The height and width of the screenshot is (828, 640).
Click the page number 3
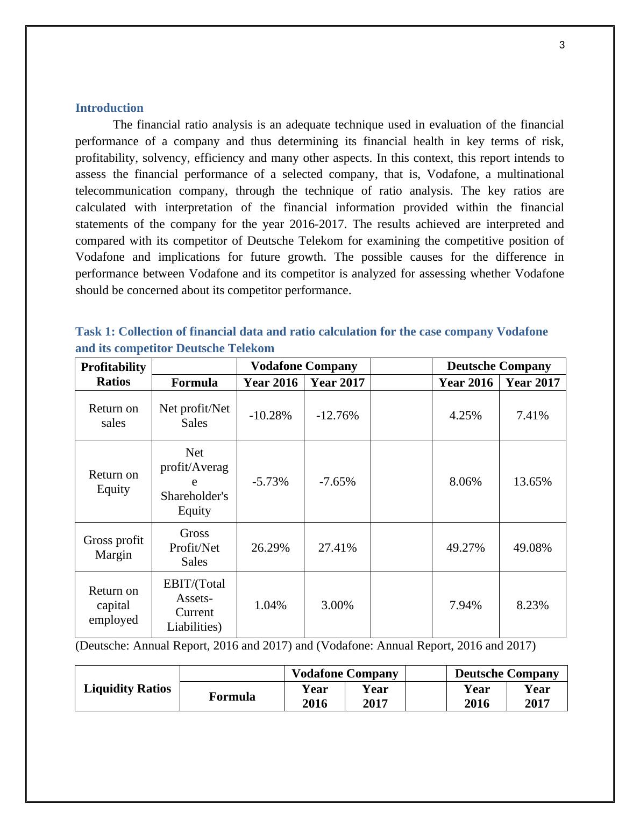562,46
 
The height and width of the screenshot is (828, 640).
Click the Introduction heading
109,108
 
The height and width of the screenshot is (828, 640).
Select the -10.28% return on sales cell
270,416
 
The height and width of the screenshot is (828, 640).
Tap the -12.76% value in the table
337,416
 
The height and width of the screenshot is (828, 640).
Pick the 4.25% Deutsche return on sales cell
465,416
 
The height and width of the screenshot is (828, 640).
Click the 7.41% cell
532,416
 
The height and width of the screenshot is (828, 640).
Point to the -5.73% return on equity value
270,482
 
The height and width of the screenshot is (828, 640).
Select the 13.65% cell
532,482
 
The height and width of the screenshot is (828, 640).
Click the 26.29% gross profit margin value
270,547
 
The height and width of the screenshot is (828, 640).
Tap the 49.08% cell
532,547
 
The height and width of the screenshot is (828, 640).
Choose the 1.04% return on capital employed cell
270,605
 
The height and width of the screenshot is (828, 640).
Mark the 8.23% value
532,605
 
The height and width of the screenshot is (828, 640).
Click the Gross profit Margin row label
113,547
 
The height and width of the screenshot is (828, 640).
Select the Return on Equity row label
113,482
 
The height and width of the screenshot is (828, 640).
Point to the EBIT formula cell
194,605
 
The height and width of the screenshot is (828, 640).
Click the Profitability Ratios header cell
113,374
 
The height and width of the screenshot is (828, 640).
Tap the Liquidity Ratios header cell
127,689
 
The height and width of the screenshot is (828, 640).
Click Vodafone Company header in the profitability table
304,366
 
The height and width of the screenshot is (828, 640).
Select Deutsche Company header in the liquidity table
507,674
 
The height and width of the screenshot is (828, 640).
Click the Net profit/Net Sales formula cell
194,416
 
